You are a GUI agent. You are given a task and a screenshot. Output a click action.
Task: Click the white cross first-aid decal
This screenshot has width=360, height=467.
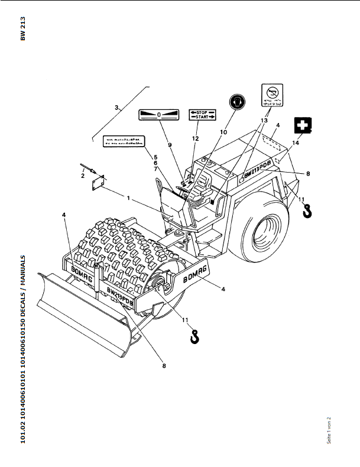303,126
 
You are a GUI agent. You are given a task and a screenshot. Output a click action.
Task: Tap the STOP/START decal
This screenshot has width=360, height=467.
203,115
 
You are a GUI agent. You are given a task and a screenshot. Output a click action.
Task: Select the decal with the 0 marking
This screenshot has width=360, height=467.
159,115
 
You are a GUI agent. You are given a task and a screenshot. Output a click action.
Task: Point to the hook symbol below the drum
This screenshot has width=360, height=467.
193,336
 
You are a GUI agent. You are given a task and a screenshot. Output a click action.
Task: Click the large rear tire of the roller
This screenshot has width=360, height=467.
264,233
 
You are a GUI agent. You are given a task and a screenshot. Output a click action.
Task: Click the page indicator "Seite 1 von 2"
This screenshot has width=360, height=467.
329,430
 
